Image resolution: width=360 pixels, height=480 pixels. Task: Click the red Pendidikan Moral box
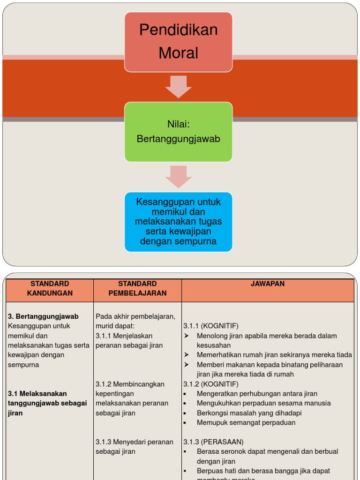pyautogui.click(x=178, y=42)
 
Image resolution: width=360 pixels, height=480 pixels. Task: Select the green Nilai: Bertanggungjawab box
pyautogui.click(x=178, y=132)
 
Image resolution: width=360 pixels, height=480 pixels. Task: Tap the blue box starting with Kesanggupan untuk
pyautogui.click(x=178, y=222)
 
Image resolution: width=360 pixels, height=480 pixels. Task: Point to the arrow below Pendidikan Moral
pyautogui.click(x=179, y=87)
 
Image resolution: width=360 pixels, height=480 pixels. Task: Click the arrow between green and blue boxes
pyautogui.click(x=179, y=177)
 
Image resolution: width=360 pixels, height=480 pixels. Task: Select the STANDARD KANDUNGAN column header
pyautogui.click(x=50, y=288)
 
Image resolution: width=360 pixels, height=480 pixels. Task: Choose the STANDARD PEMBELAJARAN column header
pyautogui.click(x=137, y=288)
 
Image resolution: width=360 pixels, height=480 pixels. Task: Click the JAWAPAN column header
pyautogui.click(x=267, y=284)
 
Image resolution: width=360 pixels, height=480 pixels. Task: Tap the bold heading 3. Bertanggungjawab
pyautogui.click(x=43, y=316)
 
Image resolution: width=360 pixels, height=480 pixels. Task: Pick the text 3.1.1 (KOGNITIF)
pyautogui.click(x=210, y=326)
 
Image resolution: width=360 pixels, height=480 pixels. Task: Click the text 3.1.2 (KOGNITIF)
pyautogui.click(x=210, y=384)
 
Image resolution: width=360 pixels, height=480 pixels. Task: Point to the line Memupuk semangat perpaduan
pyautogui.click(x=246, y=422)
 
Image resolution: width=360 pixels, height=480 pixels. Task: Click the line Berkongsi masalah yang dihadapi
pyautogui.click(x=249, y=413)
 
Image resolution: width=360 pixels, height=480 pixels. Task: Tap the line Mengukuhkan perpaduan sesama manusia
pyautogui.click(x=263, y=403)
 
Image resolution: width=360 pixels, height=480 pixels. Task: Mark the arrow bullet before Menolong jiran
pyautogui.click(x=186, y=336)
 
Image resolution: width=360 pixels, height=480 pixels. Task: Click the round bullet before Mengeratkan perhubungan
pyautogui.click(x=186, y=394)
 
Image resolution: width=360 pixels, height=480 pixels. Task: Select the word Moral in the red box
pyautogui.click(x=178, y=52)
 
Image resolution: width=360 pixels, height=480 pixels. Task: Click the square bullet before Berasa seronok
pyautogui.click(x=186, y=451)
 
